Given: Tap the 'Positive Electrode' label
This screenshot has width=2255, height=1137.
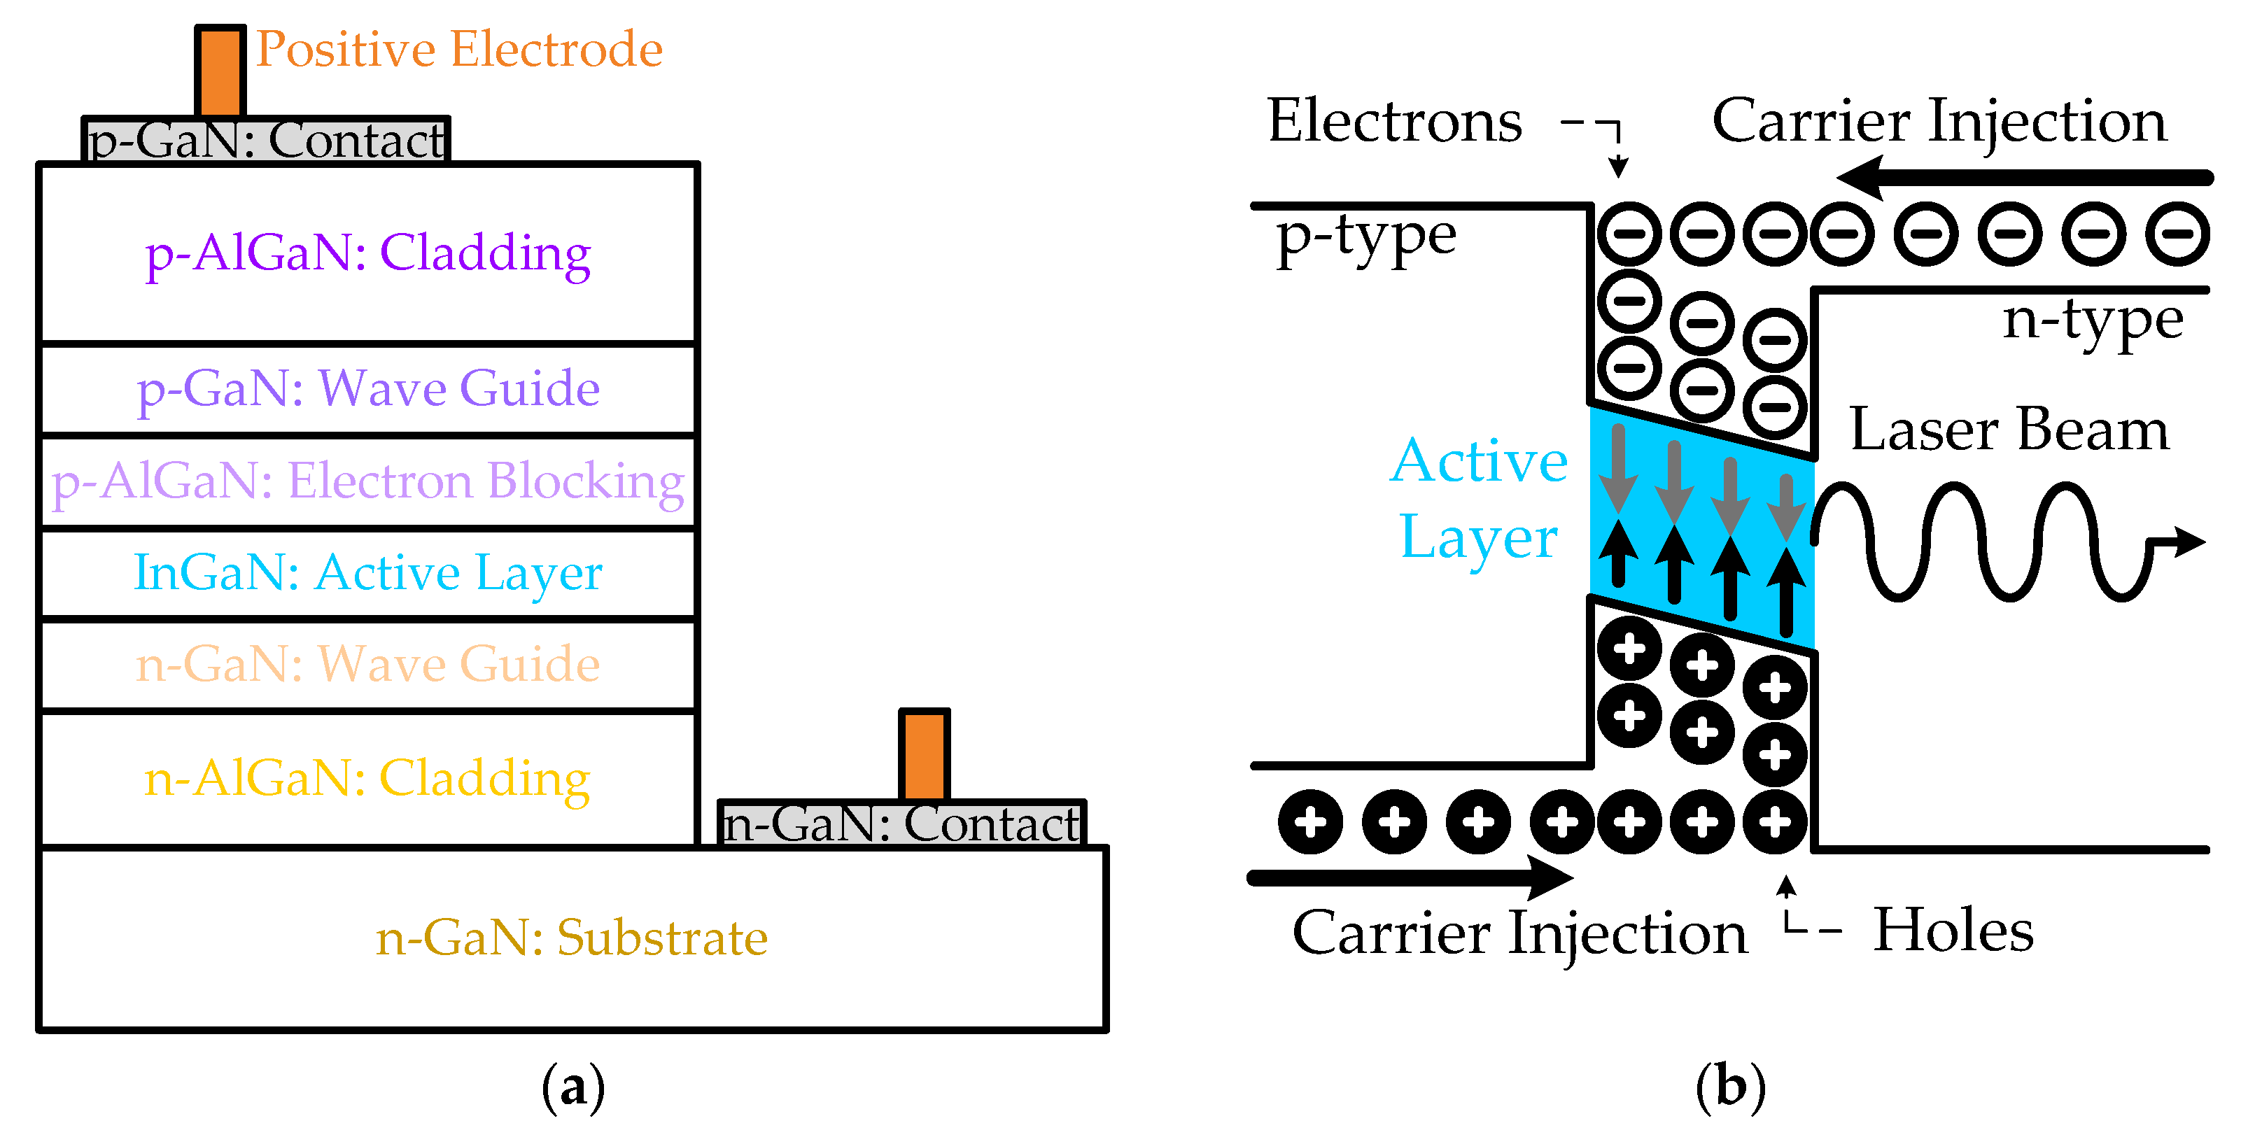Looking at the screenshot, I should point(458,49).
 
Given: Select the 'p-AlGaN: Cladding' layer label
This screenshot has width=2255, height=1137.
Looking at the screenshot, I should point(367,254).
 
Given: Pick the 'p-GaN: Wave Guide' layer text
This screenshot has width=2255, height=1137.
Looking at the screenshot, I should point(367,388).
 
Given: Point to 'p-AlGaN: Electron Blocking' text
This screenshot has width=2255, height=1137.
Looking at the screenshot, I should point(367,481).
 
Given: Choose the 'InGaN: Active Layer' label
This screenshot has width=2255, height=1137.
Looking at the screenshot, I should point(367,573).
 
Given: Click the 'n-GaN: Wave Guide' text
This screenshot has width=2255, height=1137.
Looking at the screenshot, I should point(367,663).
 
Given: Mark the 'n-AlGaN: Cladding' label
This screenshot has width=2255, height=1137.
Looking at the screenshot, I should point(367,778).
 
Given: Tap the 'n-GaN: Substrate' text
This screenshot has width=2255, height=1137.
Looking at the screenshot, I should point(572,938).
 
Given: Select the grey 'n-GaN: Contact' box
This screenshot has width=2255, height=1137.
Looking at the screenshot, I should point(901,824).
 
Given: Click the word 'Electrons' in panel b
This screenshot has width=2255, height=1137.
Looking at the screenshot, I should point(1394,121).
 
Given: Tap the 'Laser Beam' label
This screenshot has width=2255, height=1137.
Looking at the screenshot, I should point(2009,430).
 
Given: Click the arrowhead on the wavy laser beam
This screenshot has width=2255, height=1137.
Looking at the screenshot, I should point(2189,542).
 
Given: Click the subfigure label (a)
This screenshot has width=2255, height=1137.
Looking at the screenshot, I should point(573,1087).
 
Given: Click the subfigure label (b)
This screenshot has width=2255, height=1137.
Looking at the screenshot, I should point(1731,1087).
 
